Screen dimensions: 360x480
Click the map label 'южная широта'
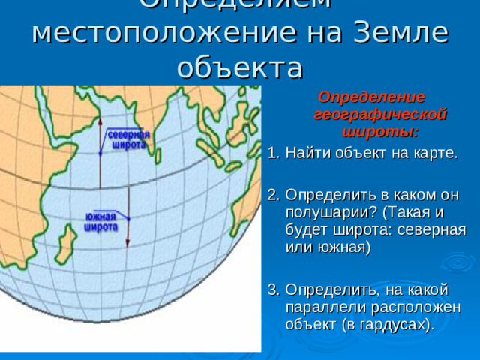[x=99, y=222]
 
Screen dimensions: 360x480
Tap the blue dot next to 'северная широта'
[x=100, y=154]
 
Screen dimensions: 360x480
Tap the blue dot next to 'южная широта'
[x=128, y=218]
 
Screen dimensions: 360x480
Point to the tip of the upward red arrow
[x=100, y=118]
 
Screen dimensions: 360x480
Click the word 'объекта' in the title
[x=240, y=67]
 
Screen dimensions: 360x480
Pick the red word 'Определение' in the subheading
[x=372, y=97]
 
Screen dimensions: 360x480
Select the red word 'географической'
[x=380, y=115]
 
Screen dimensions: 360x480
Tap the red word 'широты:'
[x=380, y=132]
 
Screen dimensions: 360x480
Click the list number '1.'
[x=274, y=154]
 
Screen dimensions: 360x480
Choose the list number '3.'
[x=274, y=289]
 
